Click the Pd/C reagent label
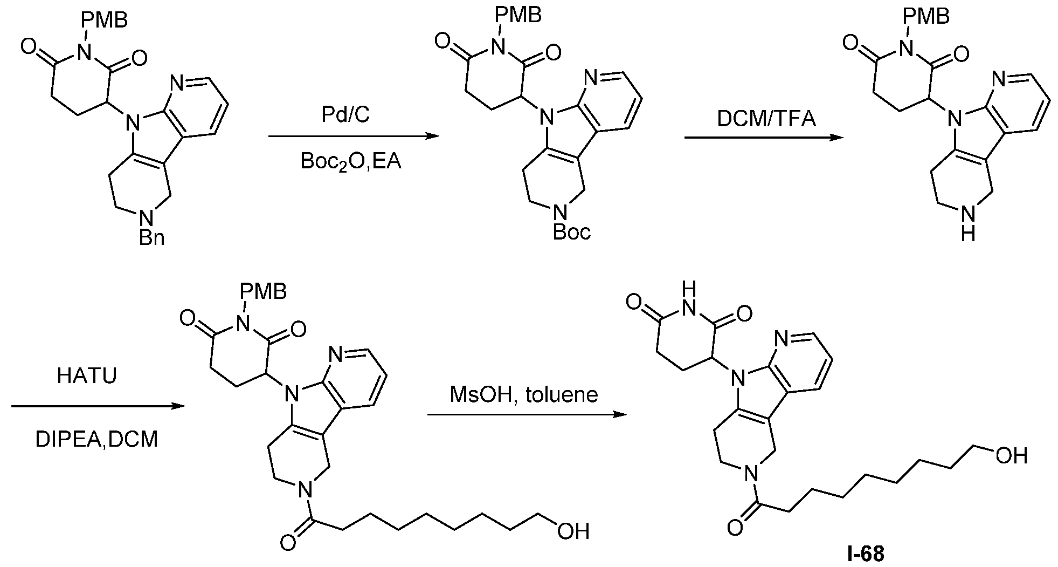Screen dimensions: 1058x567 point(350,114)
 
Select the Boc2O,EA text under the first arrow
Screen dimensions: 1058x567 point(351,161)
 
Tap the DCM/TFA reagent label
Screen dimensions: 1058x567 point(766,118)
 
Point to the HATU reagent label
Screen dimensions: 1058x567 point(87,376)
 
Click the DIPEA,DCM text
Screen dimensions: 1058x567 point(97,439)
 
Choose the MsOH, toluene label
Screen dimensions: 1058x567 point(524,394)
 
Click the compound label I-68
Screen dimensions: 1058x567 point(866,554)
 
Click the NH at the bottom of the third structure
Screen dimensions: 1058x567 point(968,226)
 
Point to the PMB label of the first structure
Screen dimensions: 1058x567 point(104,20)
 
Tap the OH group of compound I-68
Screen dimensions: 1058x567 point(1011,456)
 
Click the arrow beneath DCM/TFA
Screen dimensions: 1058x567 point(764,138)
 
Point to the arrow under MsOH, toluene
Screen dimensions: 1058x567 point(528,415)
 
